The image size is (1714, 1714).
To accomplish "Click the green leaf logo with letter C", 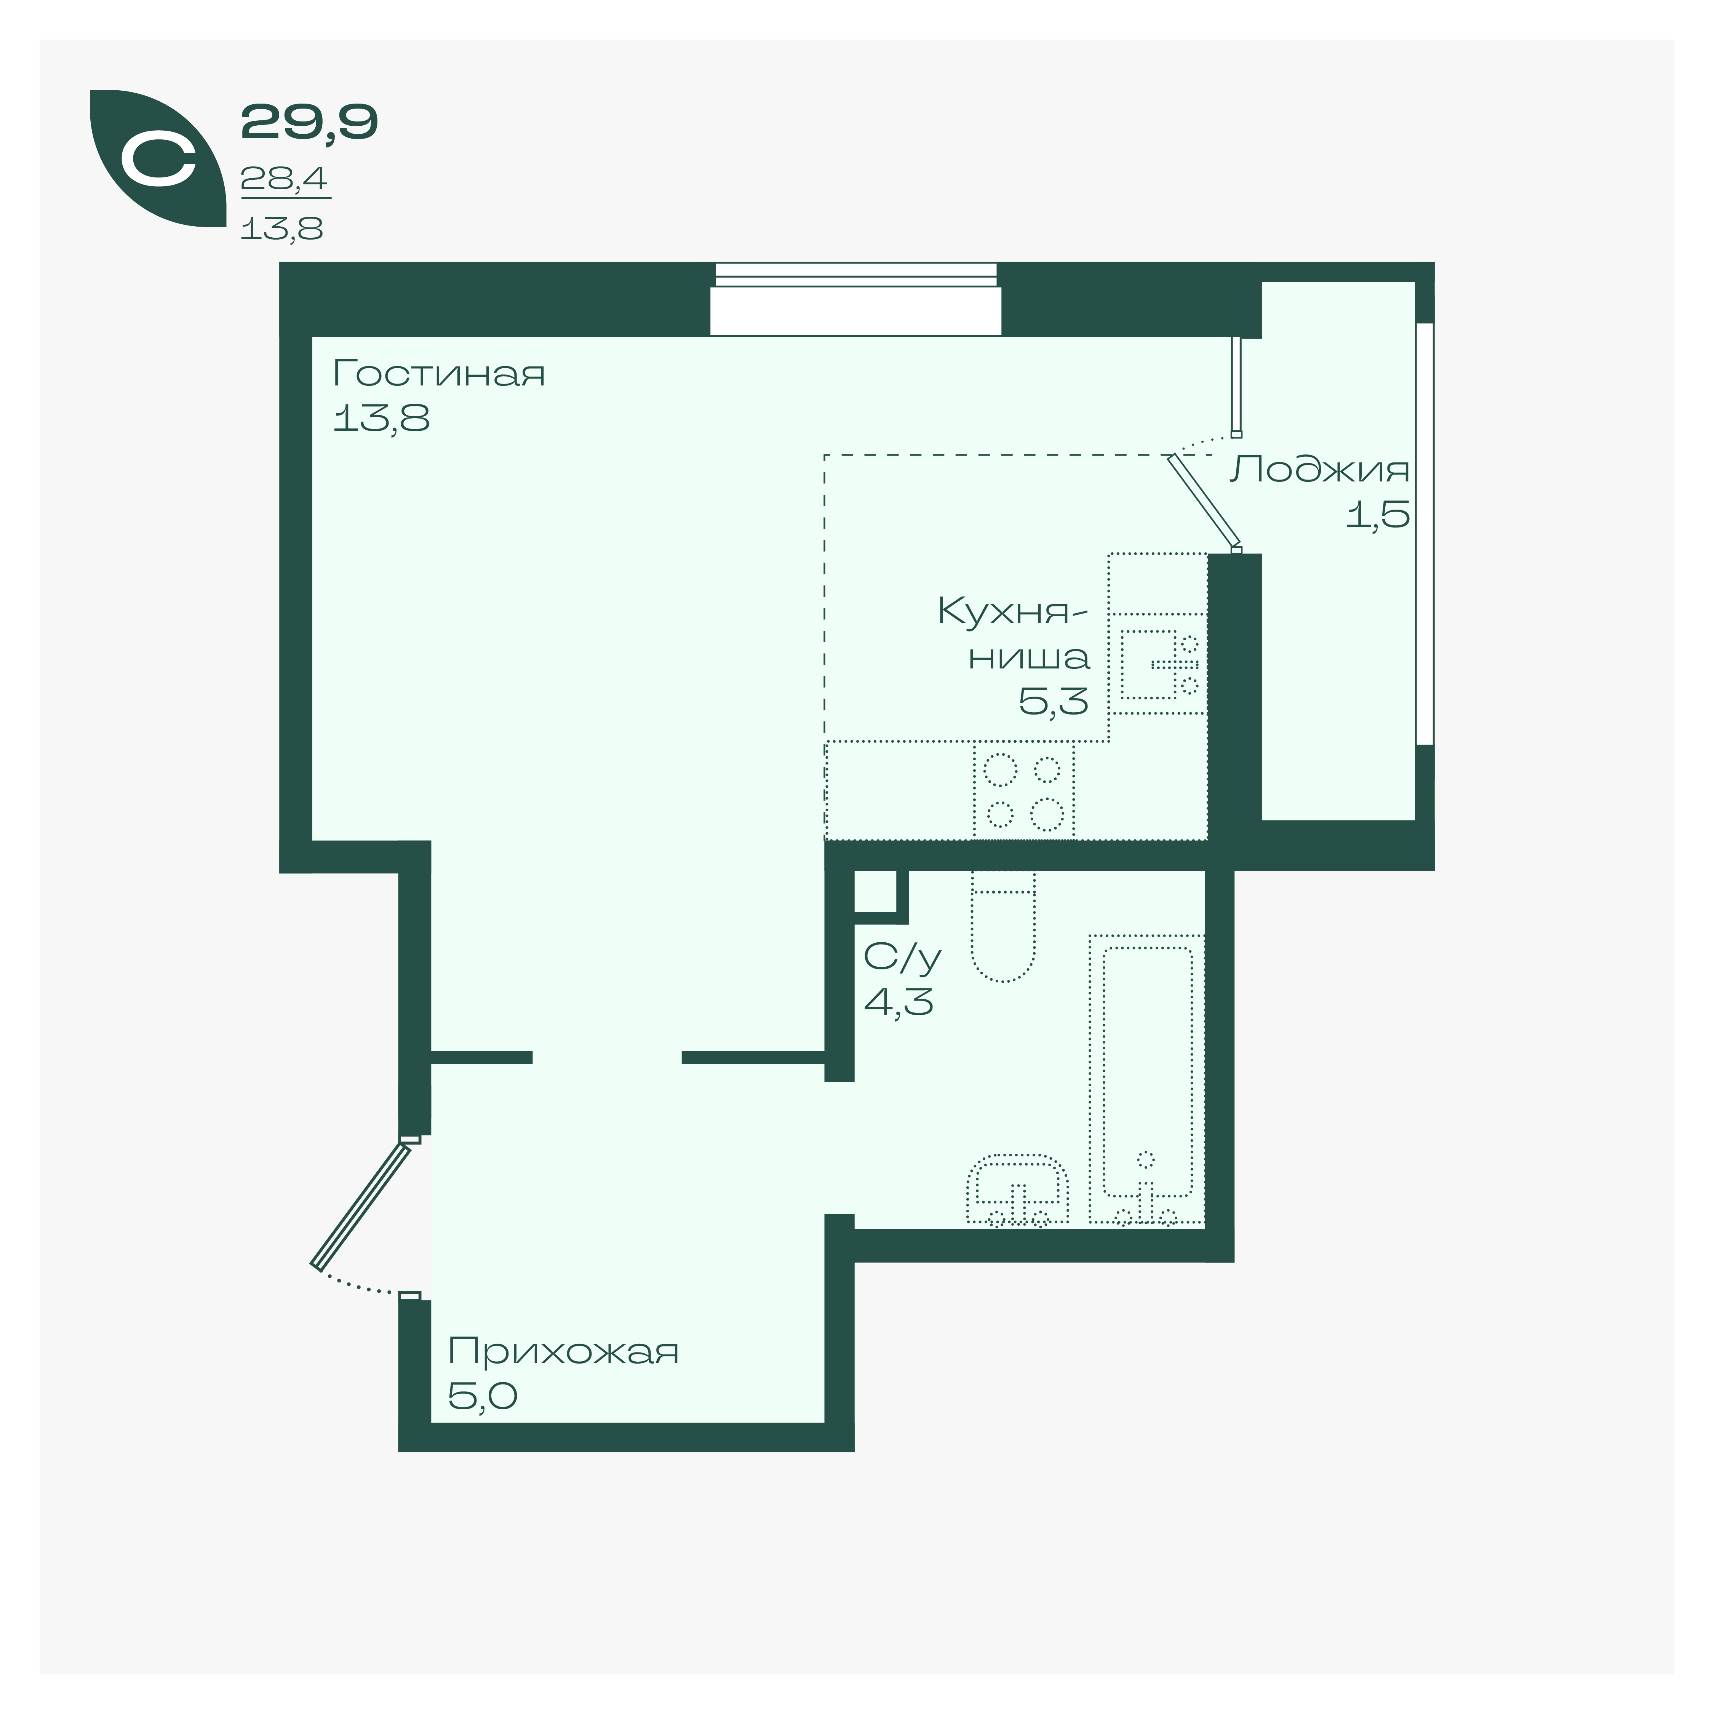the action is [158, 158].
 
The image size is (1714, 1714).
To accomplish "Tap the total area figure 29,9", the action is [309, 122].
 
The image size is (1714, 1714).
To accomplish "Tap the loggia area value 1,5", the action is [1378, 515].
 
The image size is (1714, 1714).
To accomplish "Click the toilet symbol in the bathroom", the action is [1003, 925].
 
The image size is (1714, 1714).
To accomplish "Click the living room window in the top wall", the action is [856, 299].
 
